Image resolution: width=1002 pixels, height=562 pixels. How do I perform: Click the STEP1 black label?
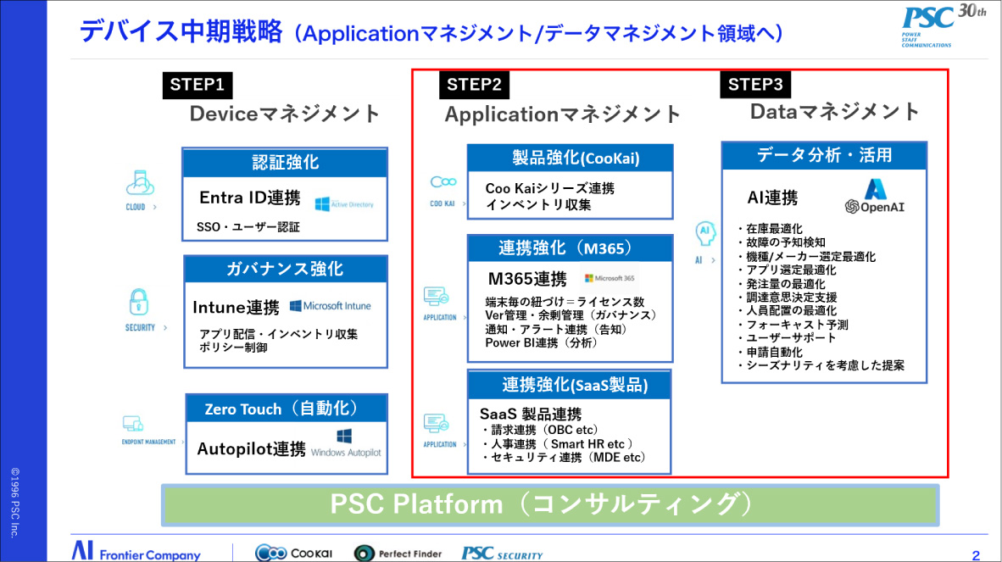tap(198, 85)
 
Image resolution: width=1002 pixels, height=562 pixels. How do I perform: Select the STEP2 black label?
tap(474, 85)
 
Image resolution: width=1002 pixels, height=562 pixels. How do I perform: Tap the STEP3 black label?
tap(755, 85)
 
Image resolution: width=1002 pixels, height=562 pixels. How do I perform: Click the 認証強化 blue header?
tap(285, 163)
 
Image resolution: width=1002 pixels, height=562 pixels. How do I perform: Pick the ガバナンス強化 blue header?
tap(285, 270)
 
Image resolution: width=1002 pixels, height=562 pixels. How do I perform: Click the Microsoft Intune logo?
tap(331, 306)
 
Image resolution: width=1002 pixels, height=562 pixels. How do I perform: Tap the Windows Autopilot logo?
tap(346, 444)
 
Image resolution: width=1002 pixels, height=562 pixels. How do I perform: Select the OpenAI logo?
tap(875, 198)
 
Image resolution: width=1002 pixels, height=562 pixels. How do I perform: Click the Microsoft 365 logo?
tap(610, 278)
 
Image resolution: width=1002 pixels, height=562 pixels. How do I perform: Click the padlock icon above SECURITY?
tap(138, 302)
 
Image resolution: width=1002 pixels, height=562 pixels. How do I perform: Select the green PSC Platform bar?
tap(549, 504)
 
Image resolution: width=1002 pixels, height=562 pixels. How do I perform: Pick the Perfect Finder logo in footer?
tap(398, 553)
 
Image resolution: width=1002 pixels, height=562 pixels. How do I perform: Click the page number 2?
tap(976, 555)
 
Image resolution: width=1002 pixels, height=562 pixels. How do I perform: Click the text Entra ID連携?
tap(250, 198)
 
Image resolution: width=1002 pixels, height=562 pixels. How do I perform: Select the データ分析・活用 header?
tap(824, 156)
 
